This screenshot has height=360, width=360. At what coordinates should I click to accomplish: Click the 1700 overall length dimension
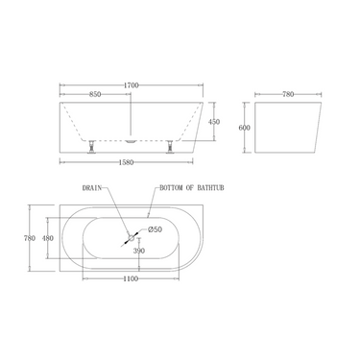[x=132, y=86]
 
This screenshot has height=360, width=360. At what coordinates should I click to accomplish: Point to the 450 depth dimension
[x=216, y=122]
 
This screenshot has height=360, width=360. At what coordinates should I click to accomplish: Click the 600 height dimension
[x=244, y=128]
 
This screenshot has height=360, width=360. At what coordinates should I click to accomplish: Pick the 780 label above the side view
[x=286, y=94]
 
